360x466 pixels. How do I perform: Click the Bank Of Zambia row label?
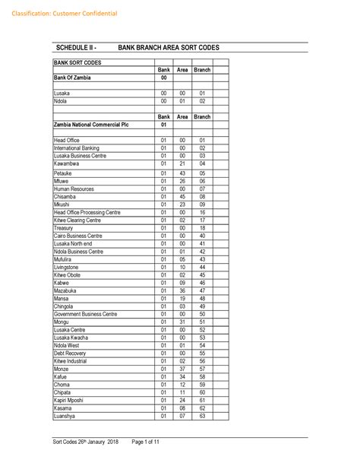tap(73, 78)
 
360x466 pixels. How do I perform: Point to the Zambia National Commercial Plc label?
tap(90, 125)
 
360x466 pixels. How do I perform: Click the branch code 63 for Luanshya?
tap(202, 416)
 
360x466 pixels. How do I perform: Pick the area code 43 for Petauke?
tap(182, 173)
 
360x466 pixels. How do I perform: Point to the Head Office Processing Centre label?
tap(87, 212)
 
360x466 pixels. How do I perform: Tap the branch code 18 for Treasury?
tap(202, 227)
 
